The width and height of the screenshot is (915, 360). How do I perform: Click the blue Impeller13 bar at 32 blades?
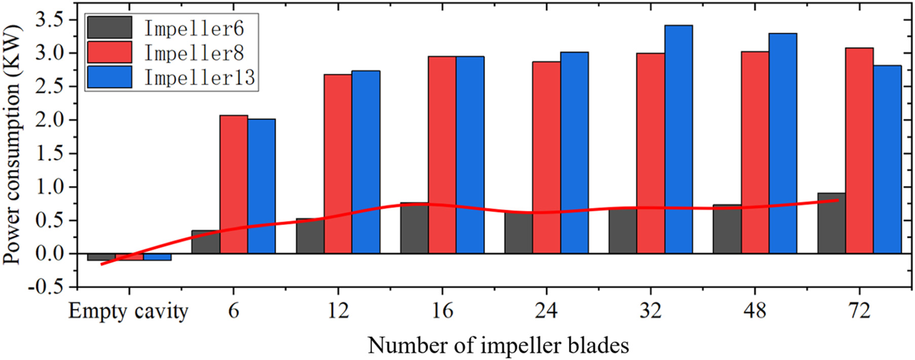coord(678,139)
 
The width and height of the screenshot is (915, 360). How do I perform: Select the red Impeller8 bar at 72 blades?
coord(859,151)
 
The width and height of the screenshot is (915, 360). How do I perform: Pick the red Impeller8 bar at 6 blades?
coord(234,184)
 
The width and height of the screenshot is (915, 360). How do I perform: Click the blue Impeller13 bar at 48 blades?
coord(783,143)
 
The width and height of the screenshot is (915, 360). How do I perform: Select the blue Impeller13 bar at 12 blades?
coord(365,162)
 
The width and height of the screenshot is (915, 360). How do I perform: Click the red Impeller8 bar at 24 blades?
coord(546,157)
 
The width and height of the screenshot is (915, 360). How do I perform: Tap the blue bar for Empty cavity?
coord(157,257)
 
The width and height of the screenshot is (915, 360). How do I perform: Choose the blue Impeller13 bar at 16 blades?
coord(470,155)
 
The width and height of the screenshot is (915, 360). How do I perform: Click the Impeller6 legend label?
coord(194,28)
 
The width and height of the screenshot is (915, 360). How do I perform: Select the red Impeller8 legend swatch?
coord(109,53)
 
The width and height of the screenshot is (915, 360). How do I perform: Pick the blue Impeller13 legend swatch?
coord(109,77)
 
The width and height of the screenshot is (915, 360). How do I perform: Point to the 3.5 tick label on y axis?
coord(49,20)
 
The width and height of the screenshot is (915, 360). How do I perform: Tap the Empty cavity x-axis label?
coord(128,311)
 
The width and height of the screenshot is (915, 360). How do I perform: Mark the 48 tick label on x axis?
coord(755,311)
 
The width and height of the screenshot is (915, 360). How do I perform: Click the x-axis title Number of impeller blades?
coord(498,346)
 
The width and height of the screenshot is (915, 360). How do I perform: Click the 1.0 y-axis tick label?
coord(49,187)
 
